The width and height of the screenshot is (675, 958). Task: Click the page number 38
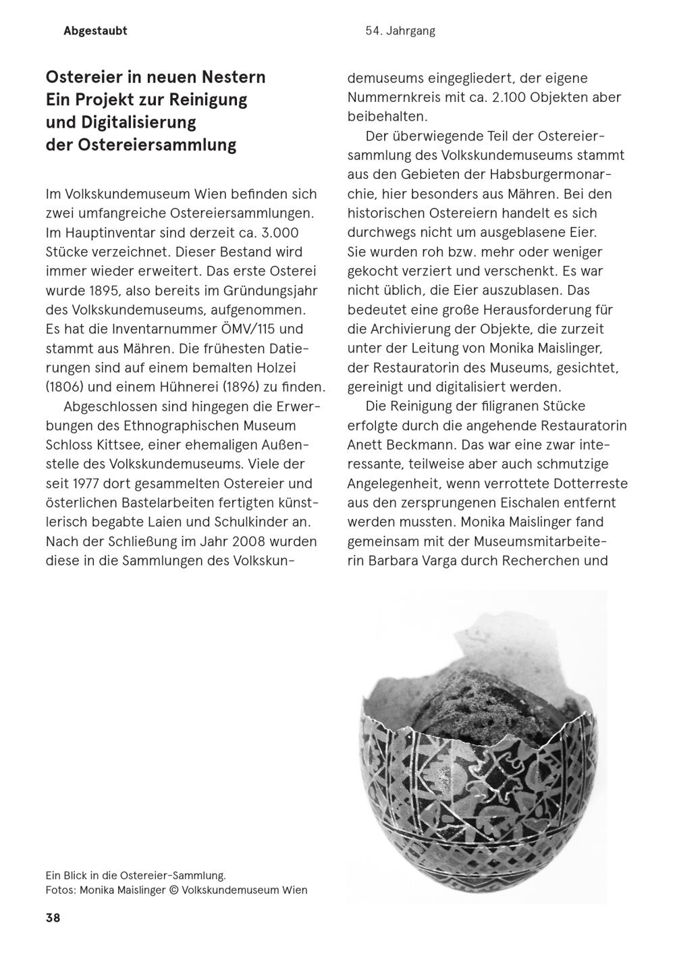tap(53, 917)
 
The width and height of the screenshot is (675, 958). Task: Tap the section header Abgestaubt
tap(95, 31)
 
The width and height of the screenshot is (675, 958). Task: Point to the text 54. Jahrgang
tap(400, 31)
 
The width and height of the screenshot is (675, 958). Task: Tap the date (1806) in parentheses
tap(64, 388)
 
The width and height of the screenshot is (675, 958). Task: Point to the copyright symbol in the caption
tap(173, 890)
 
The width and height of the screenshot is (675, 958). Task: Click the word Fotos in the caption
tap(60, 890)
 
